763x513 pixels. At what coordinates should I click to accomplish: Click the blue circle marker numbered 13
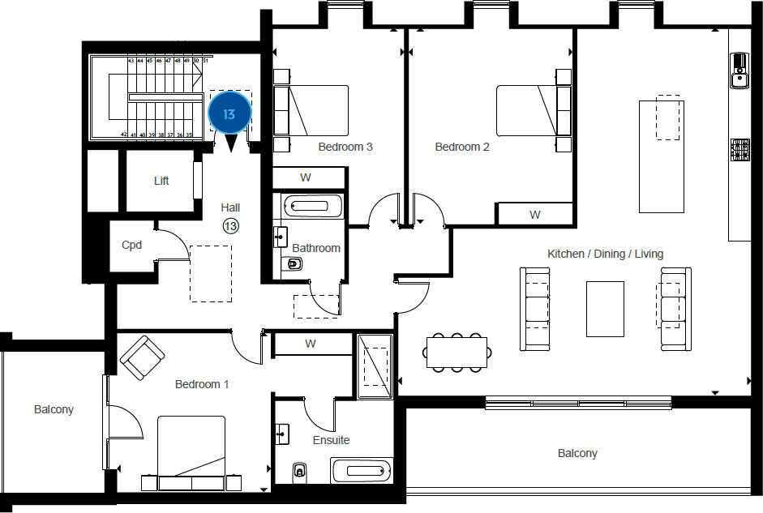(229, 114)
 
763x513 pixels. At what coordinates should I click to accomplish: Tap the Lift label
(161, 181)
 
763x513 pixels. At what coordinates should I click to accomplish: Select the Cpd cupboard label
(132, 244)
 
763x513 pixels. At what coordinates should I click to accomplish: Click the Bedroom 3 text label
(345, 147)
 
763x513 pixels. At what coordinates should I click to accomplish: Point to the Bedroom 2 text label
(462, 147)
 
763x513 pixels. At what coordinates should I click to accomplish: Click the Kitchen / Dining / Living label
(605, 254)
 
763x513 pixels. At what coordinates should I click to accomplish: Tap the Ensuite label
(331, 440)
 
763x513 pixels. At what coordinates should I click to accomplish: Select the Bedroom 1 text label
(202, 384)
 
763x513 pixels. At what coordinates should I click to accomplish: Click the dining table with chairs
(457, 352)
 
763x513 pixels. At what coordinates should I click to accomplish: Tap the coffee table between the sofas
(605, 309)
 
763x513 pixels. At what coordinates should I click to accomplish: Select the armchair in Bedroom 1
(143, 357)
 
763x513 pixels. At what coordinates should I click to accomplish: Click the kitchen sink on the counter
(739, 71)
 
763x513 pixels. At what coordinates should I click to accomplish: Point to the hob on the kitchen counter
(740, 150)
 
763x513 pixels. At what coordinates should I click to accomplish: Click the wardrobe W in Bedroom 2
(535, 215)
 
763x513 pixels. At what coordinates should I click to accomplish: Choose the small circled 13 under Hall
(230, 226)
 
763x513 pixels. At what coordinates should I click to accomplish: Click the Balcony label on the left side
(54, 409)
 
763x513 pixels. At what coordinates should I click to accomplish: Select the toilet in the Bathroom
(294, 263)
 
